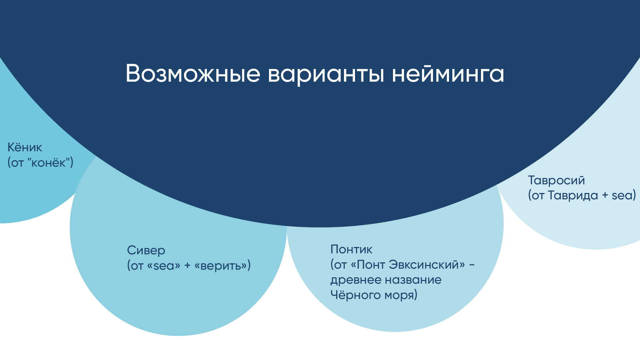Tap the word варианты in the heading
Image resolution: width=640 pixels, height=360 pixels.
point(326,74)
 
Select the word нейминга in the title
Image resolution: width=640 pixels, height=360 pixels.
point(448,74)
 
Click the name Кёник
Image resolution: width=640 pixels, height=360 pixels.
point(25,147)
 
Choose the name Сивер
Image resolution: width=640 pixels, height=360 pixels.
point(146,250)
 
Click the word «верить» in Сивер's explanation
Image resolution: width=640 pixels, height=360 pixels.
point(222,266)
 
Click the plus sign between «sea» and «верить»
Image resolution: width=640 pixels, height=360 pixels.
point(187,266)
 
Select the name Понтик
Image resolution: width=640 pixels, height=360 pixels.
point(351,249)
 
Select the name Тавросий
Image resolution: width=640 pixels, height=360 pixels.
point(556,180)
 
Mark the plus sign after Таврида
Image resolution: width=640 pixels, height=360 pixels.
point(605,195)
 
